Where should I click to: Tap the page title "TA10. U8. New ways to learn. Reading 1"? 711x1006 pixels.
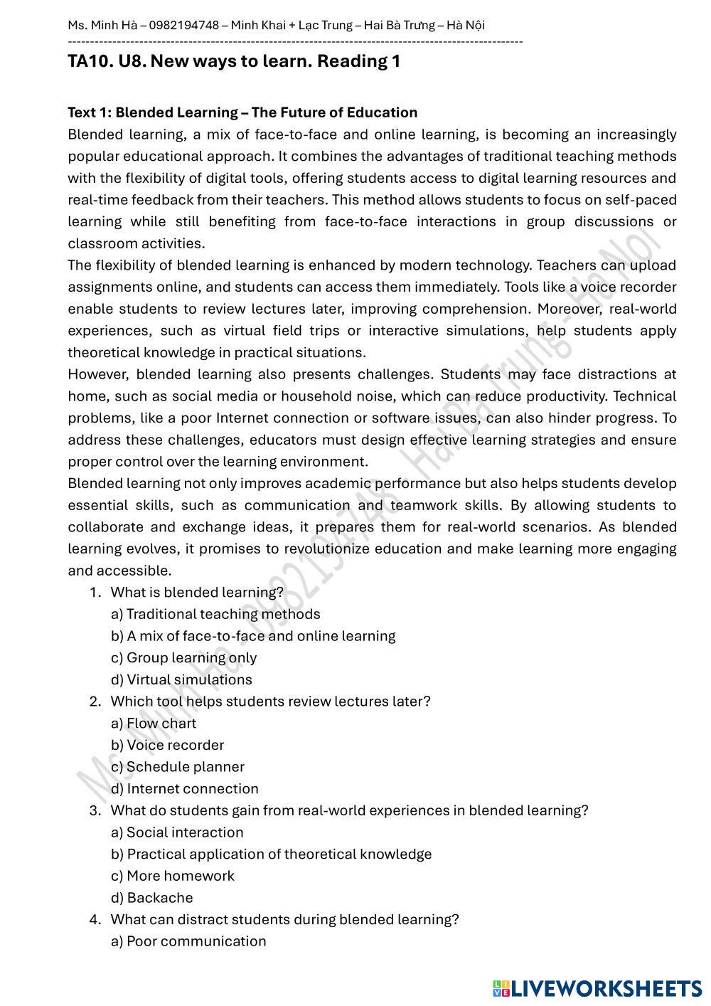(x=234, y=61)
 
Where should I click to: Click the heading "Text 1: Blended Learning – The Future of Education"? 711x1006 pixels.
(x=242, y=112)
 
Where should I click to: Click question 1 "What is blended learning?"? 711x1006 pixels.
(x=197, y=592)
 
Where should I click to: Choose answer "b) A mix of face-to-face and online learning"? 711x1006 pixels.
(x=253, y=636)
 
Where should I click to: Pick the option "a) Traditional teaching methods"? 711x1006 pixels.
(x=215, y=614)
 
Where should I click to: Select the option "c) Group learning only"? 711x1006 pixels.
(x=183, y=658)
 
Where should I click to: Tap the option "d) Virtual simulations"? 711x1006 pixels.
(x=181, y=679)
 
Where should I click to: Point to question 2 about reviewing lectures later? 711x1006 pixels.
(x=270, y=701)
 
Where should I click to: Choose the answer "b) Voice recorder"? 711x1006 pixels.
(x=167, y=745)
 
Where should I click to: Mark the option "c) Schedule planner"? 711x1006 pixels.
(x=178, y=767)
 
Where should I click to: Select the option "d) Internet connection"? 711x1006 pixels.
(x=185, y=788)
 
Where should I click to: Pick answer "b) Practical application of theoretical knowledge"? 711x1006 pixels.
(x=271, y=854)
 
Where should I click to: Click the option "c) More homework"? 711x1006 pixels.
(x=173, y=876)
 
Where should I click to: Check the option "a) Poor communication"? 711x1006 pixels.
(x=188, y=941)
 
